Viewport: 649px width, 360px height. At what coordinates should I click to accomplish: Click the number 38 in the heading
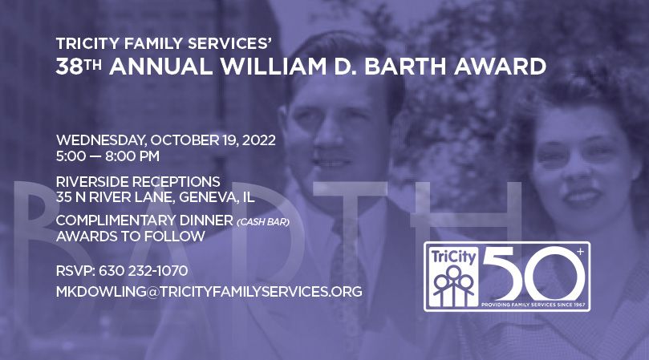(x=67, y=66)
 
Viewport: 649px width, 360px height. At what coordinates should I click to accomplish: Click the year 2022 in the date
(x=258, y=140)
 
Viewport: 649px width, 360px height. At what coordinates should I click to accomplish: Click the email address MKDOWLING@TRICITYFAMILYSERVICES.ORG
(x=209, y=291)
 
